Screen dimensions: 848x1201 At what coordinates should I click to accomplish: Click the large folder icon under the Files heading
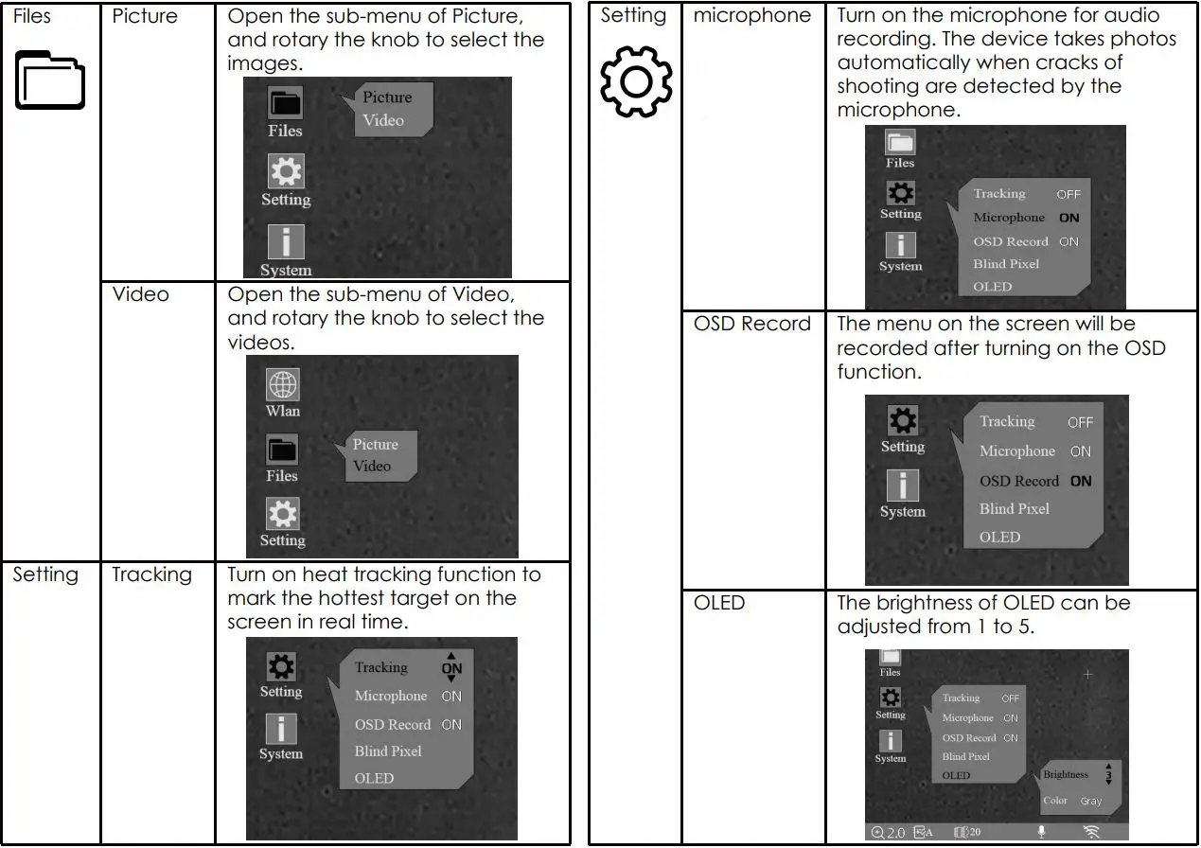coord(49,83)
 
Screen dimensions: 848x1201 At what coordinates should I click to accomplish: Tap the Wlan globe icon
coord(282,385)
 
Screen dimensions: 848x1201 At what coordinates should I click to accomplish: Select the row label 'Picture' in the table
coord(144,17)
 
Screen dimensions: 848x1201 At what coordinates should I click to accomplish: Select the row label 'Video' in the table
coord(140,294)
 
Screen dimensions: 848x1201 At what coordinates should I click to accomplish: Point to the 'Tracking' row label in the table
coord(151,574)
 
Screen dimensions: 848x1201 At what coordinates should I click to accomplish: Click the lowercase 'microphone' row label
coord(752,16)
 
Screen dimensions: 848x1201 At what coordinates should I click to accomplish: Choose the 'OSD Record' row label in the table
coord(752,324)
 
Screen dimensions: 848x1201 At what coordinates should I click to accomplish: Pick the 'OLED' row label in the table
coord(719,603)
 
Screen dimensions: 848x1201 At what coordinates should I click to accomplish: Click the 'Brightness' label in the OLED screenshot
coord(1066,774)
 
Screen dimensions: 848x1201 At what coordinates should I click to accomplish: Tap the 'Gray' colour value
coord(1091,801)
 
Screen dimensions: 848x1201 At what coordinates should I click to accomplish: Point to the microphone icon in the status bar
coord(1042,833)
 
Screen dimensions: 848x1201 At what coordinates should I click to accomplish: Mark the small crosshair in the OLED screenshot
coord(1087,675)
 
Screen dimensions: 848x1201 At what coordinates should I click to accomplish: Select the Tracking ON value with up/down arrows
coord(451,667)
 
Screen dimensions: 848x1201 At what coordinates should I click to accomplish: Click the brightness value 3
coord(1108,774)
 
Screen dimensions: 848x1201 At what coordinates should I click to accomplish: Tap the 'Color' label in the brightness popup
coord(1055,801)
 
